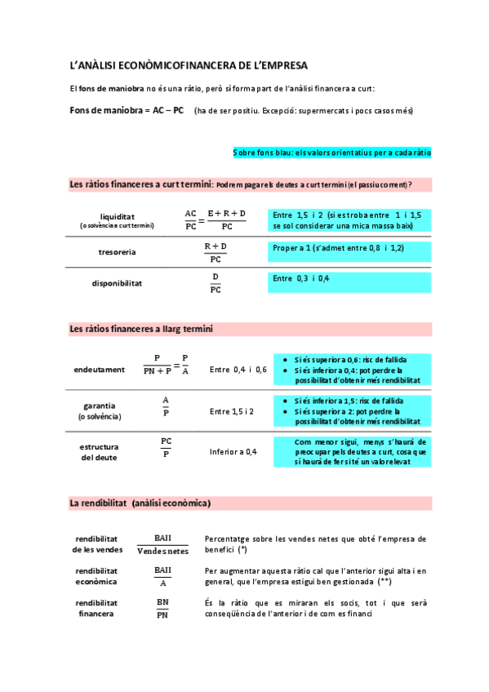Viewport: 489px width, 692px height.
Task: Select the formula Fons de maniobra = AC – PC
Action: click(127, 110)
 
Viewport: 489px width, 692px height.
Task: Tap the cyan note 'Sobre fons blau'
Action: click(331, 153)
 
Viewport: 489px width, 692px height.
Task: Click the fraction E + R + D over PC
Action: click(226, 220)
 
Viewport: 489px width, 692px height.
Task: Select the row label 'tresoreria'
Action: click(118, 251)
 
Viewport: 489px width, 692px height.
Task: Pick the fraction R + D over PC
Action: click(216, 252)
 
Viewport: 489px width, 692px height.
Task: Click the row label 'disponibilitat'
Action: click(117, 283)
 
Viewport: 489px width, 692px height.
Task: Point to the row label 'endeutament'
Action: click(99, 370)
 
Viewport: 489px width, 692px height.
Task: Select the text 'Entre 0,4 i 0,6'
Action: click(238, 370)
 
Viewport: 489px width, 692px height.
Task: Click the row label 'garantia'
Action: click(99, 406)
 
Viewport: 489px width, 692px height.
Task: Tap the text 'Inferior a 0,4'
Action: click(233, 451)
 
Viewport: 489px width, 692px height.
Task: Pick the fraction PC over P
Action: click(167, 447)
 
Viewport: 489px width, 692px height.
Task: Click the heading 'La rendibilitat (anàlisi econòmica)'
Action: click(140, 503)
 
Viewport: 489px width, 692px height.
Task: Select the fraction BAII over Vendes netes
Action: click(162, 544)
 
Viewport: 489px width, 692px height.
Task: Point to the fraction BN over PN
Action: click(162, 608)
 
